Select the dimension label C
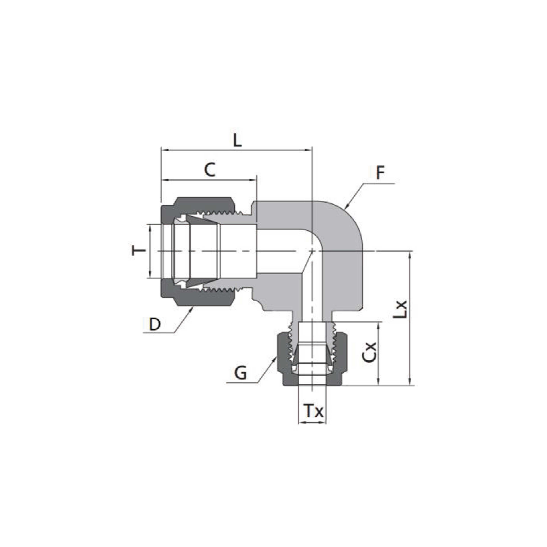[210, 170]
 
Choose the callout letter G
[240, 373]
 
